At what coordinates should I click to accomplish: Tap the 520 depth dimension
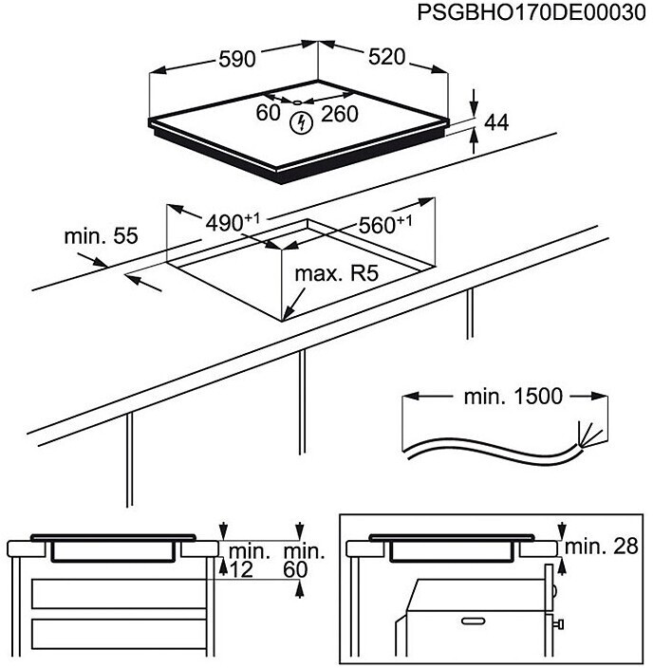pyautogui.click(x=387, y=58)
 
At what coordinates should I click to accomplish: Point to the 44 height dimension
pyautogui.click(x=496, y=122)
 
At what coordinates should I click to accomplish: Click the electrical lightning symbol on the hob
pyautogui.click(x=301, y=121)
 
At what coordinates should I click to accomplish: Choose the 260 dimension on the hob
pyautogui.click(x=339, y=114)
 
